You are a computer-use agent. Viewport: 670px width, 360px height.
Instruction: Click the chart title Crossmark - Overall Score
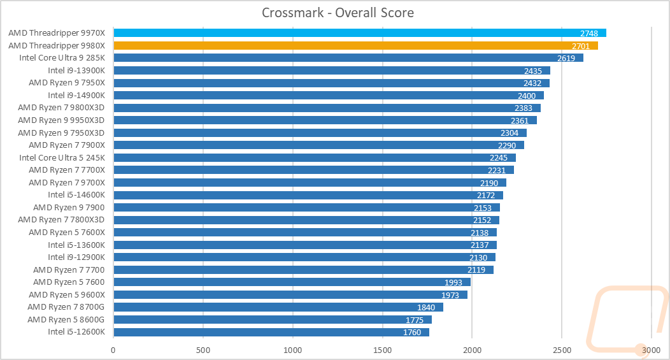pos(338,13)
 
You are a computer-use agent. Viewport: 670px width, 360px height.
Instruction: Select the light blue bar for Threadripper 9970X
pos(359,33)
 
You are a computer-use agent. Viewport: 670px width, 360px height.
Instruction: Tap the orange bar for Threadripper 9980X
pos(355,45)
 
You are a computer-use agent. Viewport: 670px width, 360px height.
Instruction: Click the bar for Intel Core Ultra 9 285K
pos(348,58)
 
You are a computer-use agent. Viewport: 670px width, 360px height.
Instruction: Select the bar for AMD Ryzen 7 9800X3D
pos(327,108)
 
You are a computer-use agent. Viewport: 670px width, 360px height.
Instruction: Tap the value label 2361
pos(520,120)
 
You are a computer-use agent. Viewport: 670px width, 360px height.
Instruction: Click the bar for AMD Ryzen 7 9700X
pos(310,182)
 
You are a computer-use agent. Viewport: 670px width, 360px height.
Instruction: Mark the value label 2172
pos(486,195)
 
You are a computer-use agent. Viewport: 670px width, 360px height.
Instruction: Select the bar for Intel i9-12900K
pos(304,257)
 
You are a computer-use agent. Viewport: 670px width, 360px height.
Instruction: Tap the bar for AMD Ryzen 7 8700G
pos(278,307)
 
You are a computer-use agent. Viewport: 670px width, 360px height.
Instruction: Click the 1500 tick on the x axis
pos(382,349)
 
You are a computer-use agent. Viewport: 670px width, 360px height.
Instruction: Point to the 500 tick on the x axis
pos(203,349)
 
